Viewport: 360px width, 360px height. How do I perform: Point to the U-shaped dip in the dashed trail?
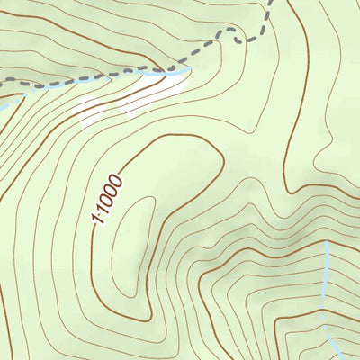pyautogui.click(x=236, y=36)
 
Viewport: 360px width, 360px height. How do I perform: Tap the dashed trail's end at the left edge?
pyautogui.click(x=2, y=82)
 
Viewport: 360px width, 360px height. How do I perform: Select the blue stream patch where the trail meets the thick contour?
pyautogui.click(x=180, y=71)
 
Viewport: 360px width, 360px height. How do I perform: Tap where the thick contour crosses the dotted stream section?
pyautogui.click(x=321, y=315)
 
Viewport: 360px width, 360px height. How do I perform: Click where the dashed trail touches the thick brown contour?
pyautogui.click(x=167, y=69)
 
